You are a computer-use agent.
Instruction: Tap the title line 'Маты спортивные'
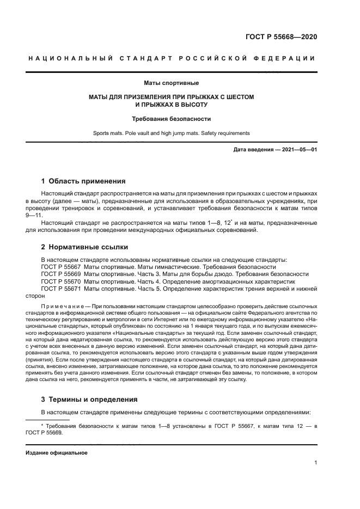pos(172,83)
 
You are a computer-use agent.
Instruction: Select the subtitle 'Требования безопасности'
pos(172,118)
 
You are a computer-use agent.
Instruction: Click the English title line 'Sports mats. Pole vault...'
pos(171,133)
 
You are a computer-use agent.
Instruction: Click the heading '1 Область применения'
pos(83,181)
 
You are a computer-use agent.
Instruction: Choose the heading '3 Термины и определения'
pos(89,399)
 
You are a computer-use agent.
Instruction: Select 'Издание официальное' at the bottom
pos(56,452)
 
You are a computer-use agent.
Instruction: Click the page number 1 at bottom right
pos(316,463)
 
